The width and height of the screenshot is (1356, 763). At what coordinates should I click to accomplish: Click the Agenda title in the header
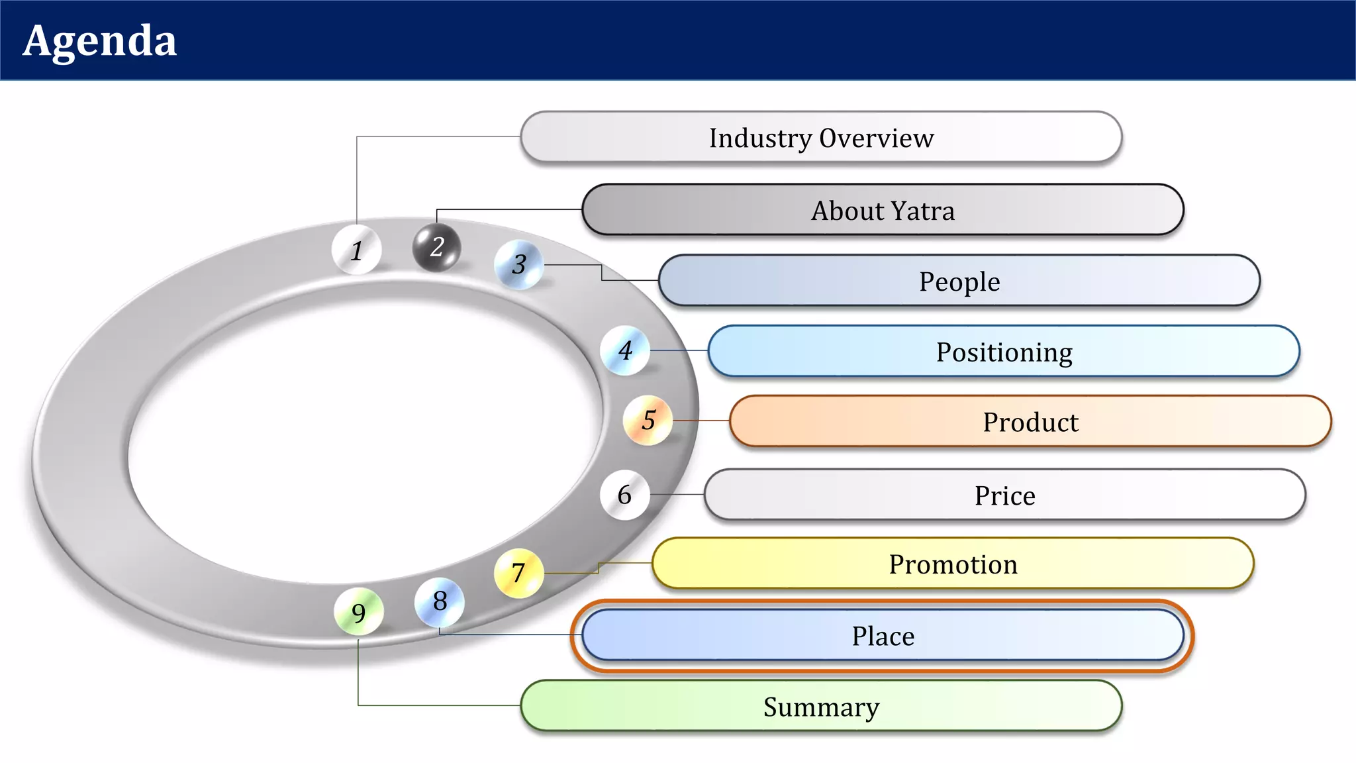(100, 41)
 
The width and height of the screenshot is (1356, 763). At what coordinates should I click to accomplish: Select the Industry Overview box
(821, 137)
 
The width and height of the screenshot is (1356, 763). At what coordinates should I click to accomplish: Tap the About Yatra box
(883, 210)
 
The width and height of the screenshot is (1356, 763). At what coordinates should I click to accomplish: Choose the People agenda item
(959, 281)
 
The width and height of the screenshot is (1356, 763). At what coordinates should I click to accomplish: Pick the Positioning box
(1004, 352)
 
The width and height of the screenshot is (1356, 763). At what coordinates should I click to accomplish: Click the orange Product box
(1030, 422)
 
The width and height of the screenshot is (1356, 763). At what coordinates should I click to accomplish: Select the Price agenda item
(1004, 495)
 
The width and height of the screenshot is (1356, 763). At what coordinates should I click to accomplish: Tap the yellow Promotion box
(953, 564)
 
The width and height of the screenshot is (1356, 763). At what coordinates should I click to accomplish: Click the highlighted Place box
(883, 636)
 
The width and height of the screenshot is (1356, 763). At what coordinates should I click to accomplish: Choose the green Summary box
(821, 707)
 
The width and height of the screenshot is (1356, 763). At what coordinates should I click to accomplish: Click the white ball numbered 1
(357, 250)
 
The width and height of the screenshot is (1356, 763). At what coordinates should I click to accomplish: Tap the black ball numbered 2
(436, 248)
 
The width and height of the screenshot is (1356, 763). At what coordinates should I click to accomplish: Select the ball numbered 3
(519, 265)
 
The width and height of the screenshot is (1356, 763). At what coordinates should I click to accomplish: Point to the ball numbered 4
(625, 350)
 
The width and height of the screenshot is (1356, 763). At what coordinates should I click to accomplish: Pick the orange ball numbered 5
(648, 420)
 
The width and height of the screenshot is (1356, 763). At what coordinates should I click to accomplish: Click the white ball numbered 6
(624, 495)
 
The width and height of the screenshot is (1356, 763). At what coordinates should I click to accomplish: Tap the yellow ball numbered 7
(518, 573)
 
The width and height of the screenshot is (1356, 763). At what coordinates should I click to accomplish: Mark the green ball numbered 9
(359, 613)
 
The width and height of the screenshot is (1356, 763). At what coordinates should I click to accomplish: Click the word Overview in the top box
(877, 138)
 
